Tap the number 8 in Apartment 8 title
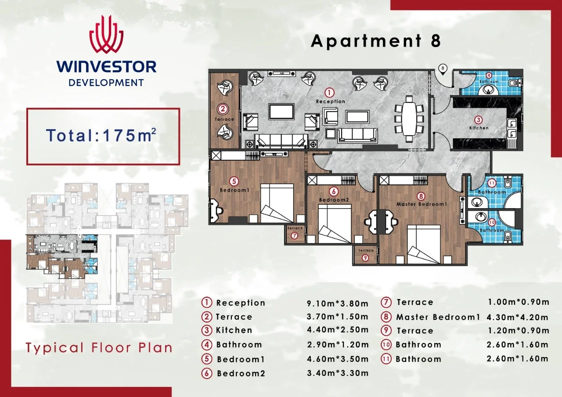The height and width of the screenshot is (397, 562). click(x=436, y=41)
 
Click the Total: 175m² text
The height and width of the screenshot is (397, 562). click(x=101, y=135)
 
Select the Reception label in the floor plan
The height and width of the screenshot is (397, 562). click(x=331, y=101)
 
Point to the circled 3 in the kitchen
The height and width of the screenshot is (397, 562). click(x=479, y=120)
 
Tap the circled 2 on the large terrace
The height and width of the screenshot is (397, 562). click(x=223, y=109)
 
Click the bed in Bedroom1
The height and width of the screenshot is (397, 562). click(x=277, y=203)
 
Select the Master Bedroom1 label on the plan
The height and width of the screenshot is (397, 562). click(x=421, y=204)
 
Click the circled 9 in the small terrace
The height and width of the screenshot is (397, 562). click(x=365, y=258)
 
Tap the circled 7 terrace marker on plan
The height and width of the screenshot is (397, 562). click(x=295, y=236)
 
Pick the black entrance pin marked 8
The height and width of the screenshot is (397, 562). click(x=443, y=69)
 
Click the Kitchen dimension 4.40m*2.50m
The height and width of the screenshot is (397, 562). click(x=338, y=330)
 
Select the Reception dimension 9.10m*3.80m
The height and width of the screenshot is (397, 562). click(x=338, y=303)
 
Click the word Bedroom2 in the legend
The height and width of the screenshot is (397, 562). click(x=241, y=373)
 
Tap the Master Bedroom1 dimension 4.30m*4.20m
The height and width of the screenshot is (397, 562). click(x=517, y=317)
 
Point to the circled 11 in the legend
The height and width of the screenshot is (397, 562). click(x=386, y=359)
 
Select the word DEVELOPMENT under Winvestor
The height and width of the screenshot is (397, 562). click(x=106, y=83)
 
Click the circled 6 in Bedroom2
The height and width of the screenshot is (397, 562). click(x=333, y=192)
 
